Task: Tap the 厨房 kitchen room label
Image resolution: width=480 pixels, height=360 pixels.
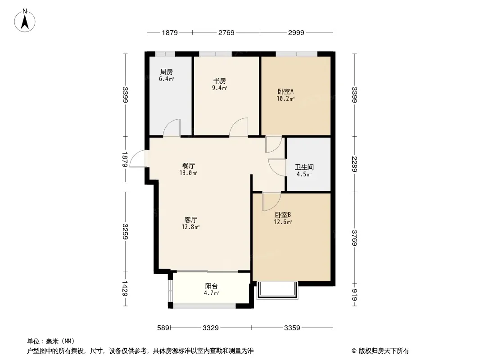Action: [166, 72]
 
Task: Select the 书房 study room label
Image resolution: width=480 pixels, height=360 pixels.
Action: [220, 81]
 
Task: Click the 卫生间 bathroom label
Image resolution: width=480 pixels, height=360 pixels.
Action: [304, 167]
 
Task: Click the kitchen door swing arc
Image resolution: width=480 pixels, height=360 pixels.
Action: [172, 128]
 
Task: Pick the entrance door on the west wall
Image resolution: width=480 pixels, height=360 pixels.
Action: [139, 159]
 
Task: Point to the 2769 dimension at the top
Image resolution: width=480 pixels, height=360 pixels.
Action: [226, 32]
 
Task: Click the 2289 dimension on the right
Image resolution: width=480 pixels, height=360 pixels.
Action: [355, 164]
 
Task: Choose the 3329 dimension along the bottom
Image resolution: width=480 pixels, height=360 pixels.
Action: [210, 328]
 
